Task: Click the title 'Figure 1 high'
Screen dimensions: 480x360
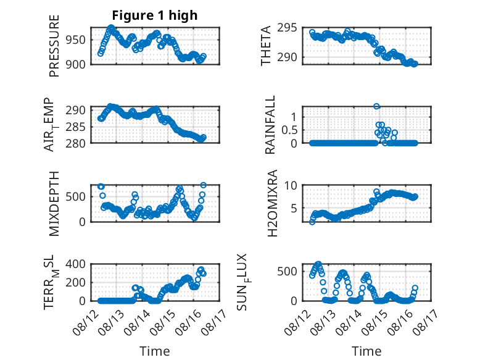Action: [155, 15]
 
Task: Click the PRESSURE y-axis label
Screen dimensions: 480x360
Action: [54, 46]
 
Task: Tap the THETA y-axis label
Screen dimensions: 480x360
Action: [266, 46]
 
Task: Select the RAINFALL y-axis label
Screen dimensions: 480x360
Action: [270, 125]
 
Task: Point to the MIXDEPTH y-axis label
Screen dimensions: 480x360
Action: [54, 204]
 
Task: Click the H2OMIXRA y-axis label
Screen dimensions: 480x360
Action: [272, 203]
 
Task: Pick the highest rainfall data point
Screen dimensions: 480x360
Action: [376, 106]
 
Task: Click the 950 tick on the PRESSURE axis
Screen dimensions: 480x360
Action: [76, 40]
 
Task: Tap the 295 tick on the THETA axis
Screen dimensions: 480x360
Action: [287, 28]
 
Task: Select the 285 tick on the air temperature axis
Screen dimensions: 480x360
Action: [76, 127]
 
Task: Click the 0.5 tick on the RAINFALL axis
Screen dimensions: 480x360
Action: [289, 130]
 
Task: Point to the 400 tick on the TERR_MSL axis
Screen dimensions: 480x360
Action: [76, 264]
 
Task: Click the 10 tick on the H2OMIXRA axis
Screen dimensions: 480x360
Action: [291, 185]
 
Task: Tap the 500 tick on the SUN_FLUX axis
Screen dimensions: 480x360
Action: [287, 271]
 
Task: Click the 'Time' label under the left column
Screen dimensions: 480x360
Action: [155, 351]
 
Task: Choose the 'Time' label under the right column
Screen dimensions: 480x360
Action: [366, 351]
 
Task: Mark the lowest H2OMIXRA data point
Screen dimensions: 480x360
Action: [312, 222]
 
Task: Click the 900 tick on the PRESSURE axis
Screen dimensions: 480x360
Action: [76, 64]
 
